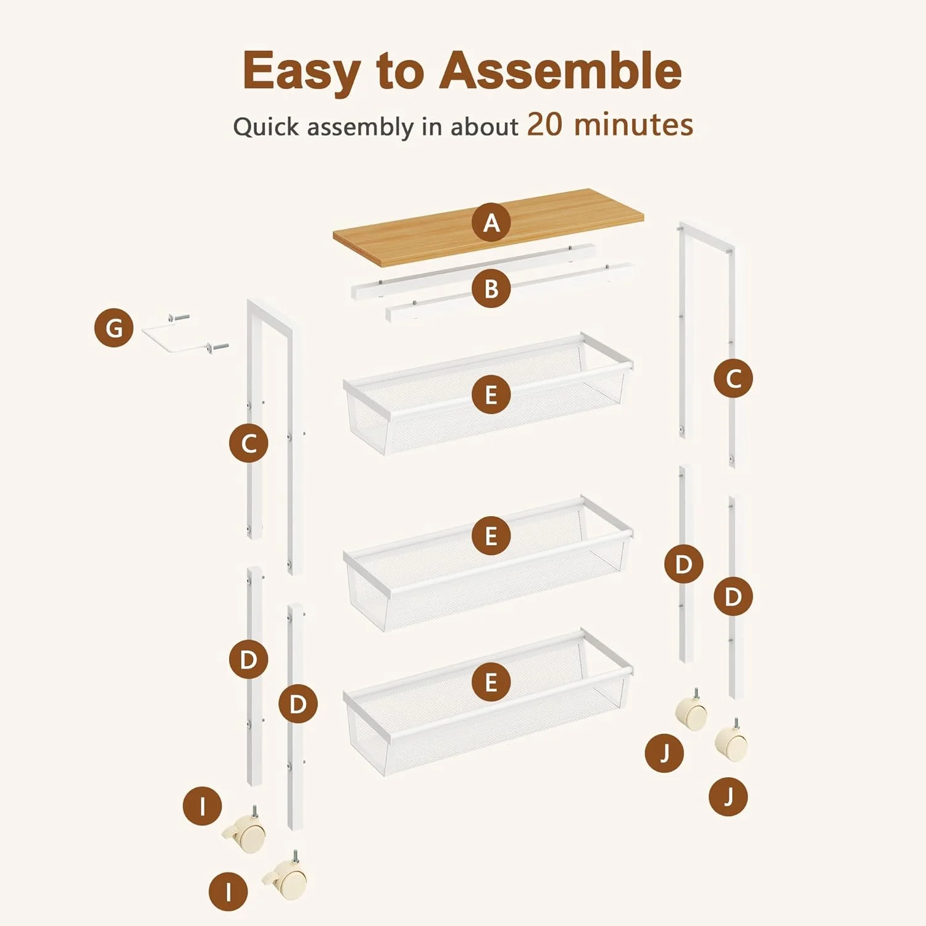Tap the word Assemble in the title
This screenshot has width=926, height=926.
tap(561, 70)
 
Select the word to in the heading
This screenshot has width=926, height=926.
tap(399, 72)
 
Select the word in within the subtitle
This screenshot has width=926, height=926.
tap(432, 127)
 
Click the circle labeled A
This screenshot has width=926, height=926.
tap(491, 222)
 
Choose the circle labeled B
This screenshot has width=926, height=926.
tap(491, 288)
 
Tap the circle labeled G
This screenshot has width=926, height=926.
tap(114, 328)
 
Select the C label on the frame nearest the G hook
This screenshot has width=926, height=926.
tap(249, 443)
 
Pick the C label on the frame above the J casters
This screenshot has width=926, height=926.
tap(733, 378)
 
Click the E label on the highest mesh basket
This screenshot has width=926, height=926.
tap(491, 394)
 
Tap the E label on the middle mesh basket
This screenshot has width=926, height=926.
tap(491, 536)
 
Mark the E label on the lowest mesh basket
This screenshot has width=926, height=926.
tap(491, 682)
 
